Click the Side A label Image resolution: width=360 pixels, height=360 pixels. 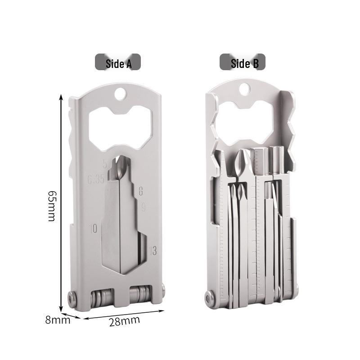click(x=118, y=63)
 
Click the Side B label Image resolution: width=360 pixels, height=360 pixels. click(x=243, y=63)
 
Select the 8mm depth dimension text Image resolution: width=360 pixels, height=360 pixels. click(x=58, y=320)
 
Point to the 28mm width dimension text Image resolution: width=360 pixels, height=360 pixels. click(x=125, y=321)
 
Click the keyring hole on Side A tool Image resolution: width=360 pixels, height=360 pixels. click(x=120, y=94)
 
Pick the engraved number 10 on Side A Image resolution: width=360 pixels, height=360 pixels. click(x=93, y=228)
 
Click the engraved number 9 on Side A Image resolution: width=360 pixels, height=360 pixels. click(x=143, y=207)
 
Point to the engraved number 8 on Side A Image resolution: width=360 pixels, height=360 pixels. click(x=140, y=191)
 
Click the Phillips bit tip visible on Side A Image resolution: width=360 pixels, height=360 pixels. click(x=120, y=166)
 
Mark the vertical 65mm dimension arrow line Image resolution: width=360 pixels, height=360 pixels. click(x=61, y=202)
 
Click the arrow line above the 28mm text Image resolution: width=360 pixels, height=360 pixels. click(x=124, y=313)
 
